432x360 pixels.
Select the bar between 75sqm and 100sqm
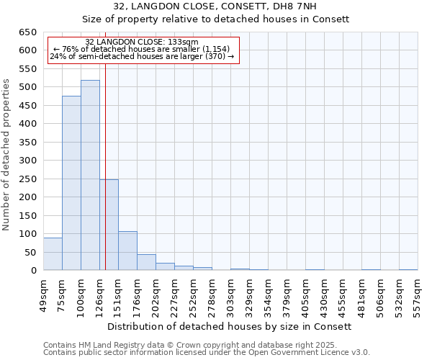(x=71, y=183)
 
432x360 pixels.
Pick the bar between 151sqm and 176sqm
(x=127, y=251)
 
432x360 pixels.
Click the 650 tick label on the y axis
(x=27, y=32)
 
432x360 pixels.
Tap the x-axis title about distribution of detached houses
(x=233, y=326)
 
